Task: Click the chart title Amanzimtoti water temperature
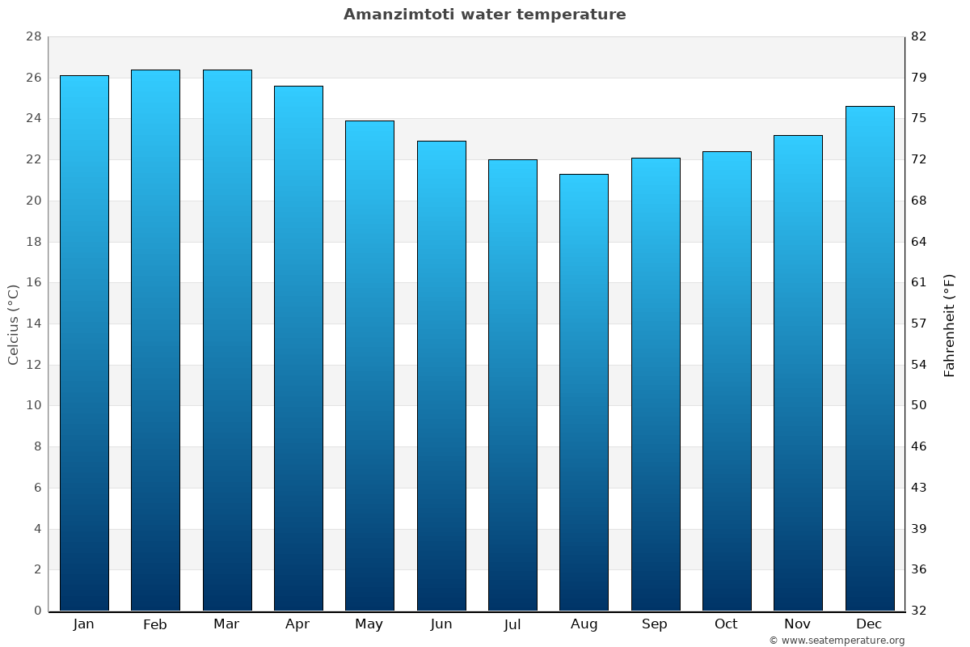coord(484,15)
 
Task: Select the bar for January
coord(84,343)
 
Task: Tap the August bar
coord(584,392)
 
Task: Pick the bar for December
coord(870,358)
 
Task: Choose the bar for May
coord(369,366)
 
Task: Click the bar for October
coord(727,381)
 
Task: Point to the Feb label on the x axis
coord(155,624)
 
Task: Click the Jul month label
coord(512,624)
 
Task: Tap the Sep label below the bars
coord(655,624)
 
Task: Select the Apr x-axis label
coord(297,624)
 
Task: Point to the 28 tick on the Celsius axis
coord(33,37)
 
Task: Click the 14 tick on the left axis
coord(33,323)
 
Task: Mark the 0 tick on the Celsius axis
coord(37,611)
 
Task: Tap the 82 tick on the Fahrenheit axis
coord(919,37)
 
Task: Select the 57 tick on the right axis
coord(919,323)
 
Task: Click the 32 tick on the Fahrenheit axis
coord(919,611)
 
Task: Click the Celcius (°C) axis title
coord(13,324)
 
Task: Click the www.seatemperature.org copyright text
coord(837,641)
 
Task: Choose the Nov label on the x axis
coord(798,624)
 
